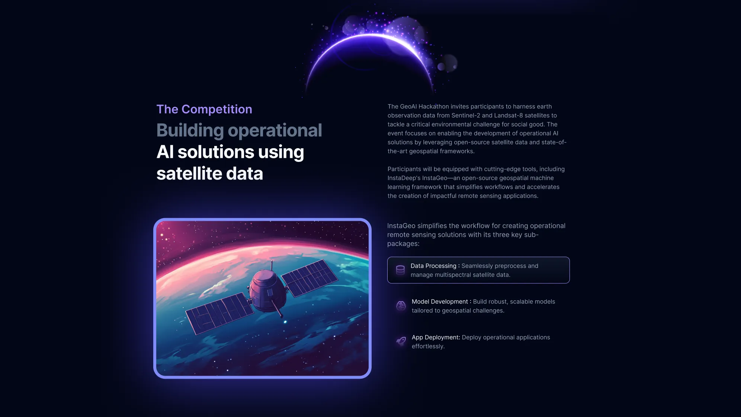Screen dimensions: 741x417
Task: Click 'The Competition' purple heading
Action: coord(204,109)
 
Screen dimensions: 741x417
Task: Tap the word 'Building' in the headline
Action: coord(190,131)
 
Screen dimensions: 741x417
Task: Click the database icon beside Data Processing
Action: coord(400,270)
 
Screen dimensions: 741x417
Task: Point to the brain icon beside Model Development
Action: coord(401,306)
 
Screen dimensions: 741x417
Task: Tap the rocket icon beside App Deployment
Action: coord(401,341)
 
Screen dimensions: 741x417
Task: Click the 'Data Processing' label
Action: coord(433,266)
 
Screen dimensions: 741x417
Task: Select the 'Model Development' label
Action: coord(440,302)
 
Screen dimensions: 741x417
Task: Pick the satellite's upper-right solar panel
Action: coord(309,278)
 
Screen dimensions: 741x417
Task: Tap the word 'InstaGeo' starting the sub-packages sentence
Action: coord(401,226)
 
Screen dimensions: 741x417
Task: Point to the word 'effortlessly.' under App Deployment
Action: coord(428,346)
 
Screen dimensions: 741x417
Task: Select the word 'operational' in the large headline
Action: coord(275,131)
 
